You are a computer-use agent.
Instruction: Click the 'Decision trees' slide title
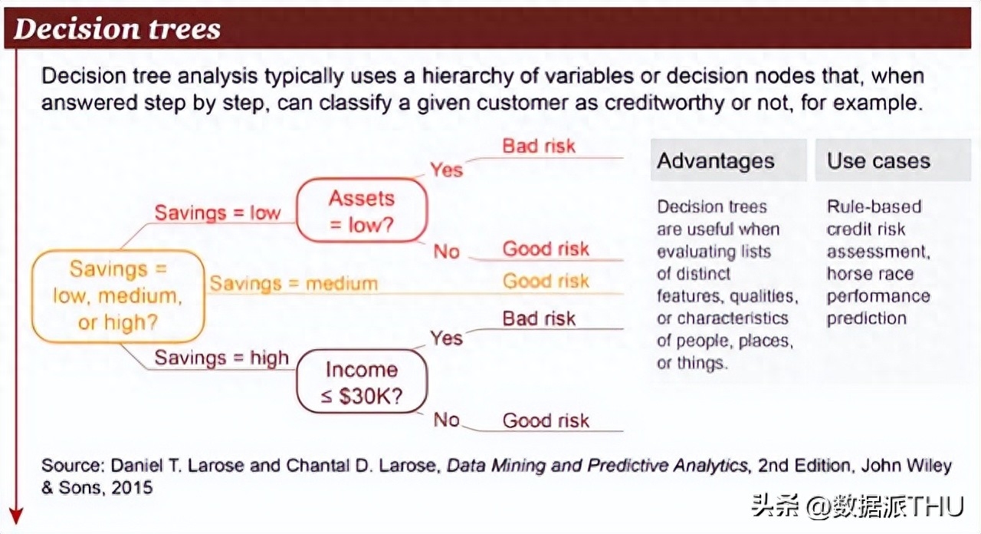(x=117, y=29)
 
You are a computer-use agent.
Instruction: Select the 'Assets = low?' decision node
(x=362, y=210)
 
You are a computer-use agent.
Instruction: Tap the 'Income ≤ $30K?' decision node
(x=362, y=381)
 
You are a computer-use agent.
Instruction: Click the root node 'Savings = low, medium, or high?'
(x=118, y=296)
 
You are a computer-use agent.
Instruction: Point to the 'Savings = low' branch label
(x=217, y=213)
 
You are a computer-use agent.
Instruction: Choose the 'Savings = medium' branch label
(x=294, y=283)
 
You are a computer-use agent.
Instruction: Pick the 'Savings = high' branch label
(x=221, y=358)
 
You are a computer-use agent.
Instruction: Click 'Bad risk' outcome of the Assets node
(x=539, y=146)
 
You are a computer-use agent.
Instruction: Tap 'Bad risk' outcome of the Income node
(x=539, y=318)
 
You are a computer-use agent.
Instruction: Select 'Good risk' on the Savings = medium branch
(x=546, y=281)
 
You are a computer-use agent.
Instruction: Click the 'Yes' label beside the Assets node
(x=446, y=170)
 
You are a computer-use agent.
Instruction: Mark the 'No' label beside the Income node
(x=446, y=420)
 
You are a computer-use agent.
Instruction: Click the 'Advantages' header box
(x=729, y=160)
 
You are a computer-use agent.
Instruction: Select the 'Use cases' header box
(x=893, y=160)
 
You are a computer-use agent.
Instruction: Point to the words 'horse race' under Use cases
(x=870, y=274)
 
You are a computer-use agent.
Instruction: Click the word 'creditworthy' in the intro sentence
(x=664, y=103)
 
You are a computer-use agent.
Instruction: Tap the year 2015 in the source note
(x=132, y=487)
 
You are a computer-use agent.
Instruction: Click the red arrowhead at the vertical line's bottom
(x=16, y=516)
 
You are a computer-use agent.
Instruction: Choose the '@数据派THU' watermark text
(x=884, y=506)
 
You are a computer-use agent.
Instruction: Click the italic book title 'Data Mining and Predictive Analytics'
(x=597, y=466)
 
